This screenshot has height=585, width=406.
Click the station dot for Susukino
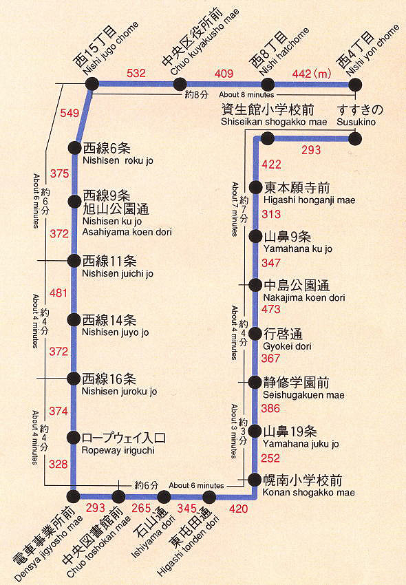coord(355,139)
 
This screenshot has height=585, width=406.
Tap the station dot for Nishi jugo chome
coord(92,84)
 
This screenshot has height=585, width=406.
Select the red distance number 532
coord(136,73)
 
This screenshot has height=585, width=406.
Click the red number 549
coord(70,113)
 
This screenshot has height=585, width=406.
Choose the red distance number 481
coord(59,293)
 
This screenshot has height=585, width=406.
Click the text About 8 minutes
coord(247,94)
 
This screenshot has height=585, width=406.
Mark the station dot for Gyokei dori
coord(255,333)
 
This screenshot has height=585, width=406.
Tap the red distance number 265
coord(141,508)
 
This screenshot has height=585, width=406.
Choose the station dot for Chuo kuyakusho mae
coord(180,84)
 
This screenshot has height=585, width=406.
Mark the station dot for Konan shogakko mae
coord(255,480)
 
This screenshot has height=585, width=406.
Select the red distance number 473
coord(271,309)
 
